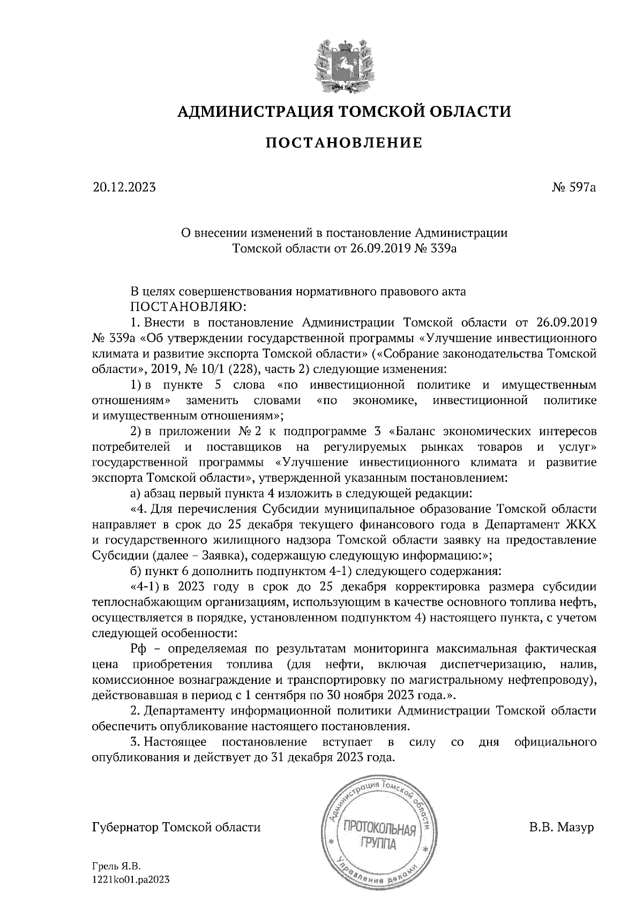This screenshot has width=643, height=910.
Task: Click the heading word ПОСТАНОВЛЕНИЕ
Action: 344,143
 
